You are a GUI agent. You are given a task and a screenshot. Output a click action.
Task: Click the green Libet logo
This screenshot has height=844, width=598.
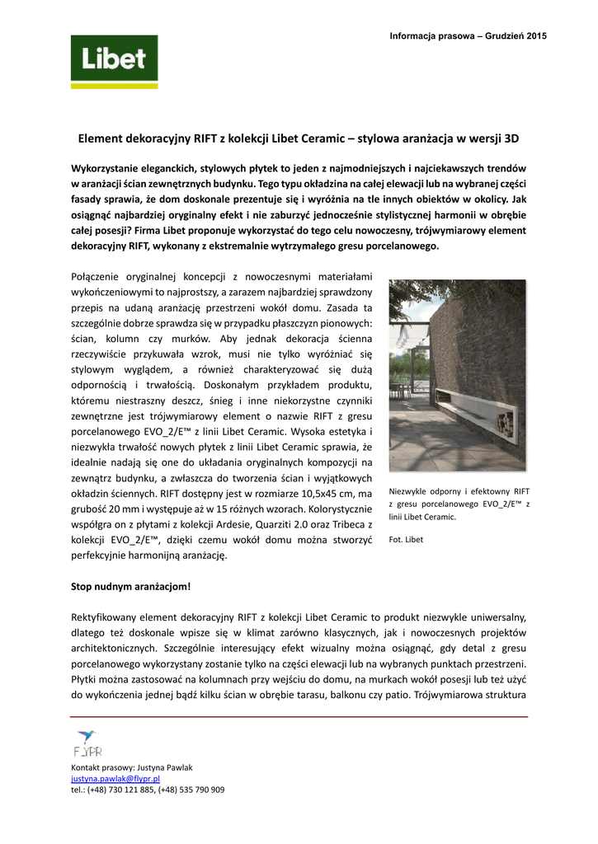tap(114, 61)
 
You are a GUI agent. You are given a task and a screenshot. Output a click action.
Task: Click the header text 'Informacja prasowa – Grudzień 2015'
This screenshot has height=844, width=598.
tap(469, 35)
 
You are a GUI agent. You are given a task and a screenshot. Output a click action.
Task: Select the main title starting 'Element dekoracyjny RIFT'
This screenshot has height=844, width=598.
tap(299, 138)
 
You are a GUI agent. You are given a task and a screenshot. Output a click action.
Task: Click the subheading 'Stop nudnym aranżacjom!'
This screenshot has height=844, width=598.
tap(131, 588)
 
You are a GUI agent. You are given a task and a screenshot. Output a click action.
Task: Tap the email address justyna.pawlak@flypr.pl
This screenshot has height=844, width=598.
tap(115, 778)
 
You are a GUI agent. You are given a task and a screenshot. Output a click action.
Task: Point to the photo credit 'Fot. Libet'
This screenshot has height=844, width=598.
tap(406, 540)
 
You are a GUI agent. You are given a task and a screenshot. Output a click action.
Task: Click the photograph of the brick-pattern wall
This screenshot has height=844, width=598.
tap(457, 375)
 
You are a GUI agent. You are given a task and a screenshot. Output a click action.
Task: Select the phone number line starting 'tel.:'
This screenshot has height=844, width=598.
tap(148, 790)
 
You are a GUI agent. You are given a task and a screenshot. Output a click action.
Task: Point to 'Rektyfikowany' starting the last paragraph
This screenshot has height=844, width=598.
tap(104, 617)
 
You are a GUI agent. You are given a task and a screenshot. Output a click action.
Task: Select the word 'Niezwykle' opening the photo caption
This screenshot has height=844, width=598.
tap(408, 490)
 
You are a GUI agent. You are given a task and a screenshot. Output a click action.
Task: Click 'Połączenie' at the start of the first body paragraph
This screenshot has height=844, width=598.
tap(97, 276)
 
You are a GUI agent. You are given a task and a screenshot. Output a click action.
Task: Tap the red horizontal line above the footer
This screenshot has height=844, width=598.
tap(299, 717)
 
